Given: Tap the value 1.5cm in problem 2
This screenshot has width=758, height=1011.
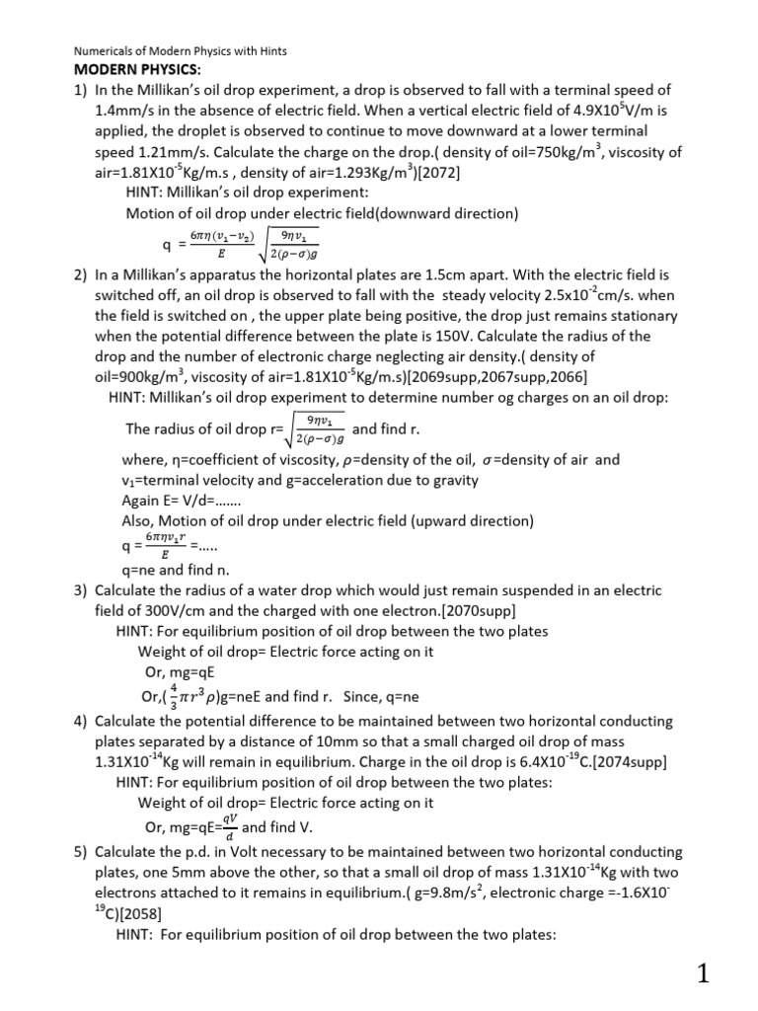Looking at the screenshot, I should (517, 275).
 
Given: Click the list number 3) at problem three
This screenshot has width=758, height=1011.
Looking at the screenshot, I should (81, 590).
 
